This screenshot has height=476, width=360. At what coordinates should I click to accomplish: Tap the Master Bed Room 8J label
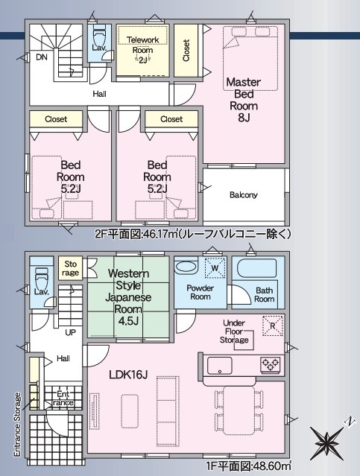244,100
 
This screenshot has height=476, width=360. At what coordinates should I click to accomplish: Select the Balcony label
244,194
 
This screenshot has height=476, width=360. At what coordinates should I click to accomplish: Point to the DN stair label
42,57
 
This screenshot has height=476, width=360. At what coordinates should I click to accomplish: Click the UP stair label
71,332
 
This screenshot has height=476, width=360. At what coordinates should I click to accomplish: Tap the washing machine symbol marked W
215,267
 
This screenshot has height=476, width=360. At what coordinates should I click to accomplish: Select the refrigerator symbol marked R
273,326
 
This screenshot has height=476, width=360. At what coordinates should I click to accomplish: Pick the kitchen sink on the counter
220,366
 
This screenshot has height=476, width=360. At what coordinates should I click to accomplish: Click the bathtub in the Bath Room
256,267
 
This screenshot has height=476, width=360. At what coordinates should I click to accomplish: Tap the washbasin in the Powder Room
186,267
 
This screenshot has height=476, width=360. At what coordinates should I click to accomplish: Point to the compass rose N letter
350,422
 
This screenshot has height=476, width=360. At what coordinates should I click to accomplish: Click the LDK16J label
128,375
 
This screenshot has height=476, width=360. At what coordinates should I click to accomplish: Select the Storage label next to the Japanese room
70,268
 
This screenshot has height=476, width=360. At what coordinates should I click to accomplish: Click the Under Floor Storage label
234,331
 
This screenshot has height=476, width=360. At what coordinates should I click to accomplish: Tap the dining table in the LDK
239,409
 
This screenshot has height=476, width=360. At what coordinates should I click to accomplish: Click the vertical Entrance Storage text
18,425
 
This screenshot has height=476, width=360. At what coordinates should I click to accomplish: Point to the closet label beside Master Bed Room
186,51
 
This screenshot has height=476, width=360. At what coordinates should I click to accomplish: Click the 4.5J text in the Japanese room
128,321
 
